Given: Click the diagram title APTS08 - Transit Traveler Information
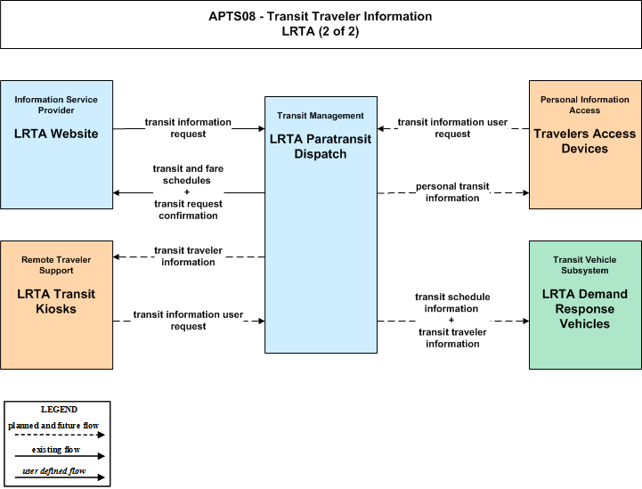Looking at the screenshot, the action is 321,16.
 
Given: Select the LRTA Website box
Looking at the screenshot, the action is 56,144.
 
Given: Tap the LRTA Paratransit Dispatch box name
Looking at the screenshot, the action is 321,146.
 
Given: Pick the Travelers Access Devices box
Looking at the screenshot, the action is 585,144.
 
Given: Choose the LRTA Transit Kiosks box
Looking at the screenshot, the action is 56,306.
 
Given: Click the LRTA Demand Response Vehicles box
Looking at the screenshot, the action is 585,306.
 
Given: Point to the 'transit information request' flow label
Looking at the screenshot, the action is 188,127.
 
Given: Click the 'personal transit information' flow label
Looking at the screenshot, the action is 452,192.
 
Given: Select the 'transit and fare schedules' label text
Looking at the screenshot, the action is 188,175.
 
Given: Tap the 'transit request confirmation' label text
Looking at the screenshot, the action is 188,209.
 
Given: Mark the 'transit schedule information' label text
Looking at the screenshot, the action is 452,303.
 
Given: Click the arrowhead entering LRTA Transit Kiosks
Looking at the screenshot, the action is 117,257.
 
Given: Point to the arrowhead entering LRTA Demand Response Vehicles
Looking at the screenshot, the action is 525,321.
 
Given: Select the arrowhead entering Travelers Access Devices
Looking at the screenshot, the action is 525,192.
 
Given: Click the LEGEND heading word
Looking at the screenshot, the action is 59,410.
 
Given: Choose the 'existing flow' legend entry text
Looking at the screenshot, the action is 56,450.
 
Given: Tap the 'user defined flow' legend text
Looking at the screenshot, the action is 54,471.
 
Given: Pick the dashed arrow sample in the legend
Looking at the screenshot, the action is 60,435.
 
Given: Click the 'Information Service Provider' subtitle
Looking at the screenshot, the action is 56,105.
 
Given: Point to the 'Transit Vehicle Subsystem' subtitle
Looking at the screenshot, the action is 585,265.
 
